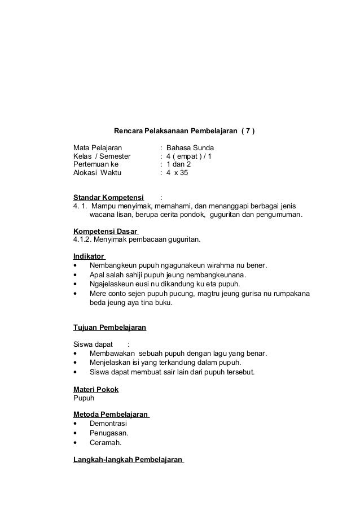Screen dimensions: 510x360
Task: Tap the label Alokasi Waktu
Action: point(94,173)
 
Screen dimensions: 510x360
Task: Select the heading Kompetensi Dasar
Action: point(106,231)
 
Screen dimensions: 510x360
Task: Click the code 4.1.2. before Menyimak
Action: point(85,239)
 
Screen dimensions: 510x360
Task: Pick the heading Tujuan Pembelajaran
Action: point(110,328)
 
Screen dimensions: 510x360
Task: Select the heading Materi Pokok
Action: point(96,389)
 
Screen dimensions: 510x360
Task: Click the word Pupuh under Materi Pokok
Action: point(84,398)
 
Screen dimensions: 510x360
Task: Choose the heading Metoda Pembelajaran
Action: point(111,415)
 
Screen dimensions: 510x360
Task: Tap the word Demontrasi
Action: point(108,423)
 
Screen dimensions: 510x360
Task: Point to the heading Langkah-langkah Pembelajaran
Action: point(128,460)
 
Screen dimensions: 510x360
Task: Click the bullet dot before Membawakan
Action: point(76,354)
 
